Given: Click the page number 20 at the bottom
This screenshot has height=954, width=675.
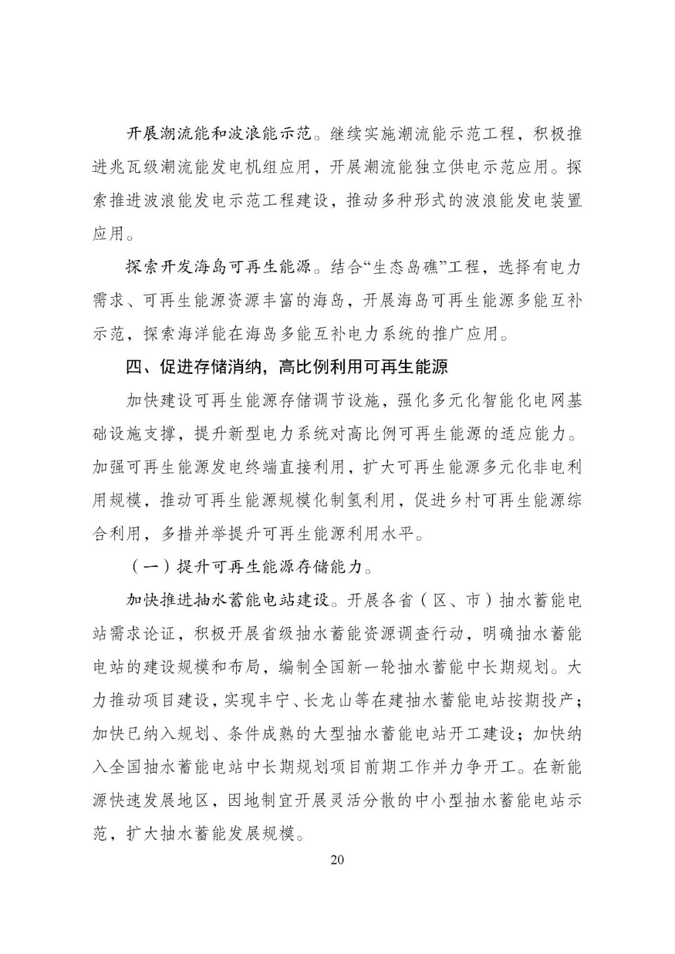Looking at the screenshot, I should [337, 859].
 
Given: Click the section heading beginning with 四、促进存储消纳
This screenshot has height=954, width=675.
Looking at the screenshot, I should [287, 367].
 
